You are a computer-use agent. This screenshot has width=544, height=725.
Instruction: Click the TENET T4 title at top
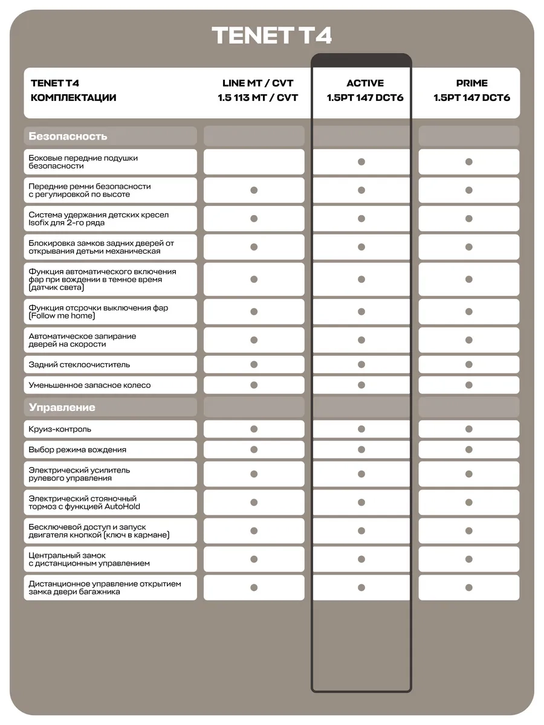point(272,36)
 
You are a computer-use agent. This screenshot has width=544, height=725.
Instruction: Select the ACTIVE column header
point(365,83)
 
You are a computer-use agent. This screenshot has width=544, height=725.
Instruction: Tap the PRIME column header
point(471,83)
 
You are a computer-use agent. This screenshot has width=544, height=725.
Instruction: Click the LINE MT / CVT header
point(258,83)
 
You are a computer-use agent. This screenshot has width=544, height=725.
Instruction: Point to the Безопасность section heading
point(68,136)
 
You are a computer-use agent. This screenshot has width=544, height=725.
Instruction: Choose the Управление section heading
point(62,407)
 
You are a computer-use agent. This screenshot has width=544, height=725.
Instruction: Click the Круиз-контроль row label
point(60,429)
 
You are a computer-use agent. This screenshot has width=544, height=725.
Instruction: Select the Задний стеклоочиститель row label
point(79,364)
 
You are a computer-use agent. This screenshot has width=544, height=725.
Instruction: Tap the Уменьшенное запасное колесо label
point(89,385)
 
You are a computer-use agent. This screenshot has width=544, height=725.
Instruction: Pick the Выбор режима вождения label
point(77,449)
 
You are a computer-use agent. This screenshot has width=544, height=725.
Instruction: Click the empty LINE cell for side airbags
point(254,162)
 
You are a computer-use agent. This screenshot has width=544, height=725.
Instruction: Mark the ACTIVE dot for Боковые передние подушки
point(361,162)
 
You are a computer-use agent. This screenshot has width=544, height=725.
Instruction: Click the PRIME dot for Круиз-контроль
point(469,429)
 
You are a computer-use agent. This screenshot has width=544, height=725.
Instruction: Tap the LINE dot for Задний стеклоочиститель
point(254,364)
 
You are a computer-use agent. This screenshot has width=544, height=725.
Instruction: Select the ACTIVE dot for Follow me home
point(361,312)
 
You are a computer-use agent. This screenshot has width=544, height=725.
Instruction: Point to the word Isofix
point(37,223)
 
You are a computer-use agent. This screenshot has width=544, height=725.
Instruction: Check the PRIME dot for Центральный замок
point(469,559)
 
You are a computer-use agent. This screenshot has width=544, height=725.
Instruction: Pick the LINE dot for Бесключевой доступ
point(254,531)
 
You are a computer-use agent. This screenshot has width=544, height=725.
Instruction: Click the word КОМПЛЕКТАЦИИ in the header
point(73,98)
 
